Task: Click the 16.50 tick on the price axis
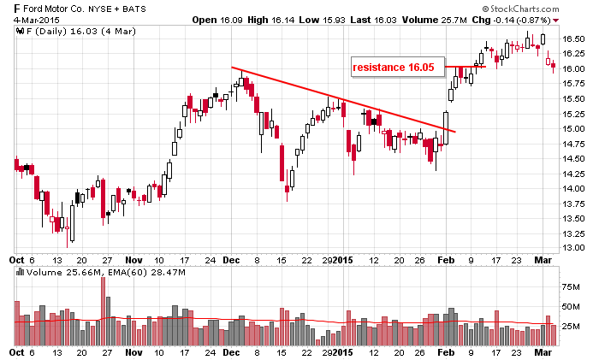pos(573,38)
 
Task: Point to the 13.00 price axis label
pos(573,248)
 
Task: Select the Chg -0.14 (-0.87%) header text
pos(525,19)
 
